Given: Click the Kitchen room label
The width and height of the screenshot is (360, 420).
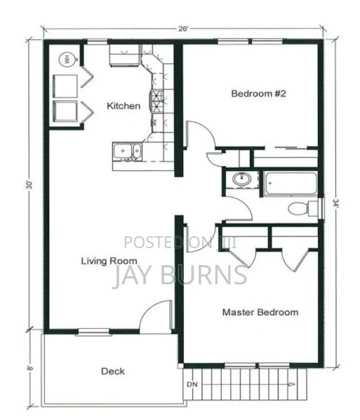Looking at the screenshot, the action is (x=123, y=106).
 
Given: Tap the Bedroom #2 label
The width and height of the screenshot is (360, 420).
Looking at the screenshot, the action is (x=258, y=93).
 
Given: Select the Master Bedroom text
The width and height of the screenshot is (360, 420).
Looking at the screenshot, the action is (x=260, y=312).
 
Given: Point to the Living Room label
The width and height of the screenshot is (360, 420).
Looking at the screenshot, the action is (x=109, y=261).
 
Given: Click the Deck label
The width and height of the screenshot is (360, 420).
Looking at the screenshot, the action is (x=113, y=371).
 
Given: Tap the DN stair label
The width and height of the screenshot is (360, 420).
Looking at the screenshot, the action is (x=192, y=385).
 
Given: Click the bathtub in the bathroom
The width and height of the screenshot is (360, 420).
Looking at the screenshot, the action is (x=291, y=184).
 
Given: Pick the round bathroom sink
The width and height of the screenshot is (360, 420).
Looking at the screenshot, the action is (x=241, y=179).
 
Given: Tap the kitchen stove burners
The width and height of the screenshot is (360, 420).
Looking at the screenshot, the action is (x=156, y=101).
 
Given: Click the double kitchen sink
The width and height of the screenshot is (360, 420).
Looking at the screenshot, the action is (x=127, y=152).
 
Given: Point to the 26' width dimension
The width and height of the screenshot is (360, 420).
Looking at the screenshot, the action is (x=183, y=28).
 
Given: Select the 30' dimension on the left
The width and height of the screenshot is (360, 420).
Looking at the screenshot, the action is (x=29, y=185).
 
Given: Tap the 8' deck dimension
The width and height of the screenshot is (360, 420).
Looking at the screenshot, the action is (x=30, y=368).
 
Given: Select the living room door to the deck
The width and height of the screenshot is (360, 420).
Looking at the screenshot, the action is (x=155, y=316).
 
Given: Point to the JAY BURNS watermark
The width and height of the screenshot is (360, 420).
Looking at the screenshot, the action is (x=179, y=275).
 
